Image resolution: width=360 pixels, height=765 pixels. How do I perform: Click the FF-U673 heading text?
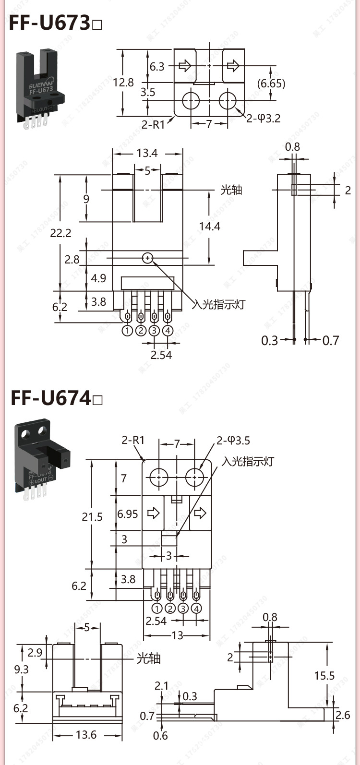(50, 23)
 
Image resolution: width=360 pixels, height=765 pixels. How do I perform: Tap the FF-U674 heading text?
(51, 398)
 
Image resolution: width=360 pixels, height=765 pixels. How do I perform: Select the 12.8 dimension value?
(123, 83)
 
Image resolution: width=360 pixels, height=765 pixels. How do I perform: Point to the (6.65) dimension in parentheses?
(271, 84)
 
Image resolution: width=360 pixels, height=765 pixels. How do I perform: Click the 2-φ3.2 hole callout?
(264, 118)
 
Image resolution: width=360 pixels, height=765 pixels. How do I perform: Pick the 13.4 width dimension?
(147, 153)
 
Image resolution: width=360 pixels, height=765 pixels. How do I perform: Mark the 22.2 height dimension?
(60, 233)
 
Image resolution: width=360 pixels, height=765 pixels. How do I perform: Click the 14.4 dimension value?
(209, 226)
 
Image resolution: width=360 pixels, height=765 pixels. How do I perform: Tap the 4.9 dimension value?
(98, 278)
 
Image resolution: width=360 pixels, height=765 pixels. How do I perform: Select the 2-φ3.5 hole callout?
(233, 441)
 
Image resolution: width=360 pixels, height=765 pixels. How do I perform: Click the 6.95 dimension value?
(128, 514)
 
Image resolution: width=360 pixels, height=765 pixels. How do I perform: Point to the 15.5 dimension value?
(324, 676)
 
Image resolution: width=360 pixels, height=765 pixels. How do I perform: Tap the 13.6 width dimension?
(86, 735)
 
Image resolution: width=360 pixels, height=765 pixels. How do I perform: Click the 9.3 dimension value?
(21, 669)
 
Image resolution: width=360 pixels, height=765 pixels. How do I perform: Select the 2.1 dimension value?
(161, 686)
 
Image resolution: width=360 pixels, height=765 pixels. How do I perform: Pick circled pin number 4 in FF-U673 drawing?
(168, 331)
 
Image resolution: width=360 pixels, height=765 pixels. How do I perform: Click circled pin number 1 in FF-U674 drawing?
(157, 608)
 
